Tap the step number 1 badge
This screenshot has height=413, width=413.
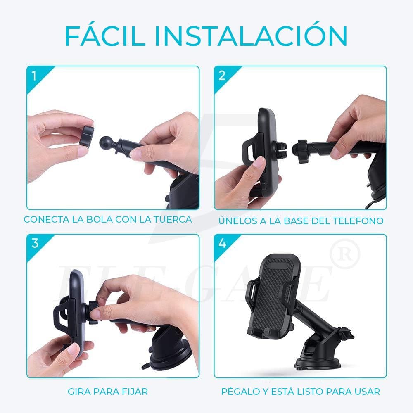(34, 76)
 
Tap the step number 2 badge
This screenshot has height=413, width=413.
(222, 76)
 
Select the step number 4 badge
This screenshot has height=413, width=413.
(222, 243)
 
